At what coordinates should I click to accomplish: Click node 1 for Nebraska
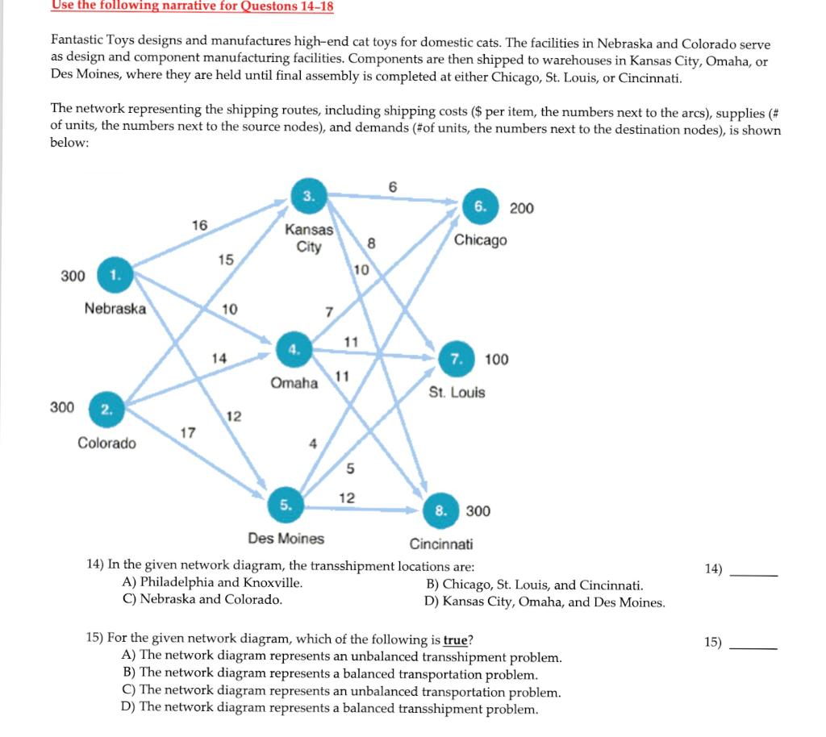click(115, 275)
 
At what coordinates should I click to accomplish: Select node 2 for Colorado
click(106, 408)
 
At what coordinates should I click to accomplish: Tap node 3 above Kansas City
click(308, 194)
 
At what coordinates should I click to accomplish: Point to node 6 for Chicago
click(480, 207)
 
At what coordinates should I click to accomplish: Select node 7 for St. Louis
click(457, 359)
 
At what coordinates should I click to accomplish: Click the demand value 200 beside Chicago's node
click(521, 208)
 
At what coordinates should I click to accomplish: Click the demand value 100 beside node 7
click(497, 359)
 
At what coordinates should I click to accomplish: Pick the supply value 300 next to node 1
click(73, 276)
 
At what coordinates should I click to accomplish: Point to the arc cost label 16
click(199, 225)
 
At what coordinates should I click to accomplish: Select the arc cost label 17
click(186, 433)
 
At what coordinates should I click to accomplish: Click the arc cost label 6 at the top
click(393, 186)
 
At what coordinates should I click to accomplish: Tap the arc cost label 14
click(219, 356)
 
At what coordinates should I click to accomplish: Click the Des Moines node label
click(286, 538)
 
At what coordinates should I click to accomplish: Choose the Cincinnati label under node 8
click(441, 543)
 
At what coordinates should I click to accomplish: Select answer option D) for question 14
click(544, 602)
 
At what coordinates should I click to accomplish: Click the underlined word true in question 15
click(456, 640)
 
